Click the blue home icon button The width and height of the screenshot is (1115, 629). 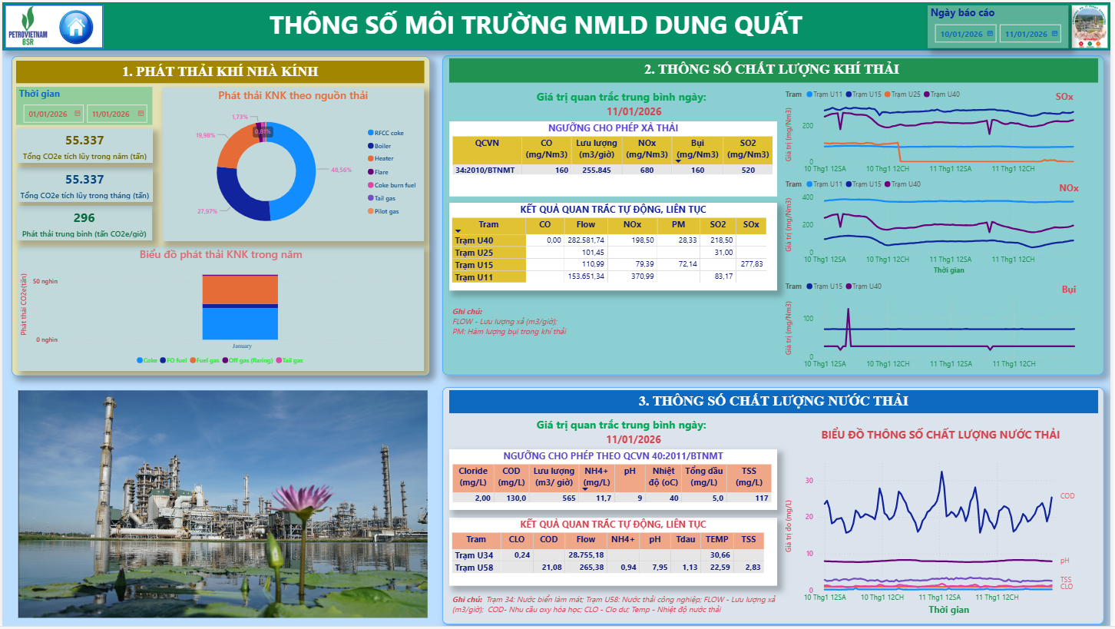(75, 27)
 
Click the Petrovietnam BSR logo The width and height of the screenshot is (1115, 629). (27, 27)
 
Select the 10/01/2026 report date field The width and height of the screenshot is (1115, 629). (965, 34)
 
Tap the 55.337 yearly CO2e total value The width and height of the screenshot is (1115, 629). (84, 140)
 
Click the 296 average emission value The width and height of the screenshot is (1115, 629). (84, 218)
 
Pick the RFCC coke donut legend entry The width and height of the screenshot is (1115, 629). (389, 133)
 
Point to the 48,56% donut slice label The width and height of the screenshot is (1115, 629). (341, 170)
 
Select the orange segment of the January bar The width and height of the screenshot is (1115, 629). (240, 290)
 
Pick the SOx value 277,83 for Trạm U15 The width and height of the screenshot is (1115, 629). (751, 264)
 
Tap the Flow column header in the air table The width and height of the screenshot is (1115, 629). (585, 224)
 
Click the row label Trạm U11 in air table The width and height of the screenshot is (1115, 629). (474, 276)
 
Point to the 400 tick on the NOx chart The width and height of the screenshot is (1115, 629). (807, 197)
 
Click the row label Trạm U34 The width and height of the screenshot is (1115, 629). (474, 555)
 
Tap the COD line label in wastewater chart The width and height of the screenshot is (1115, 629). (1067, 496)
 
